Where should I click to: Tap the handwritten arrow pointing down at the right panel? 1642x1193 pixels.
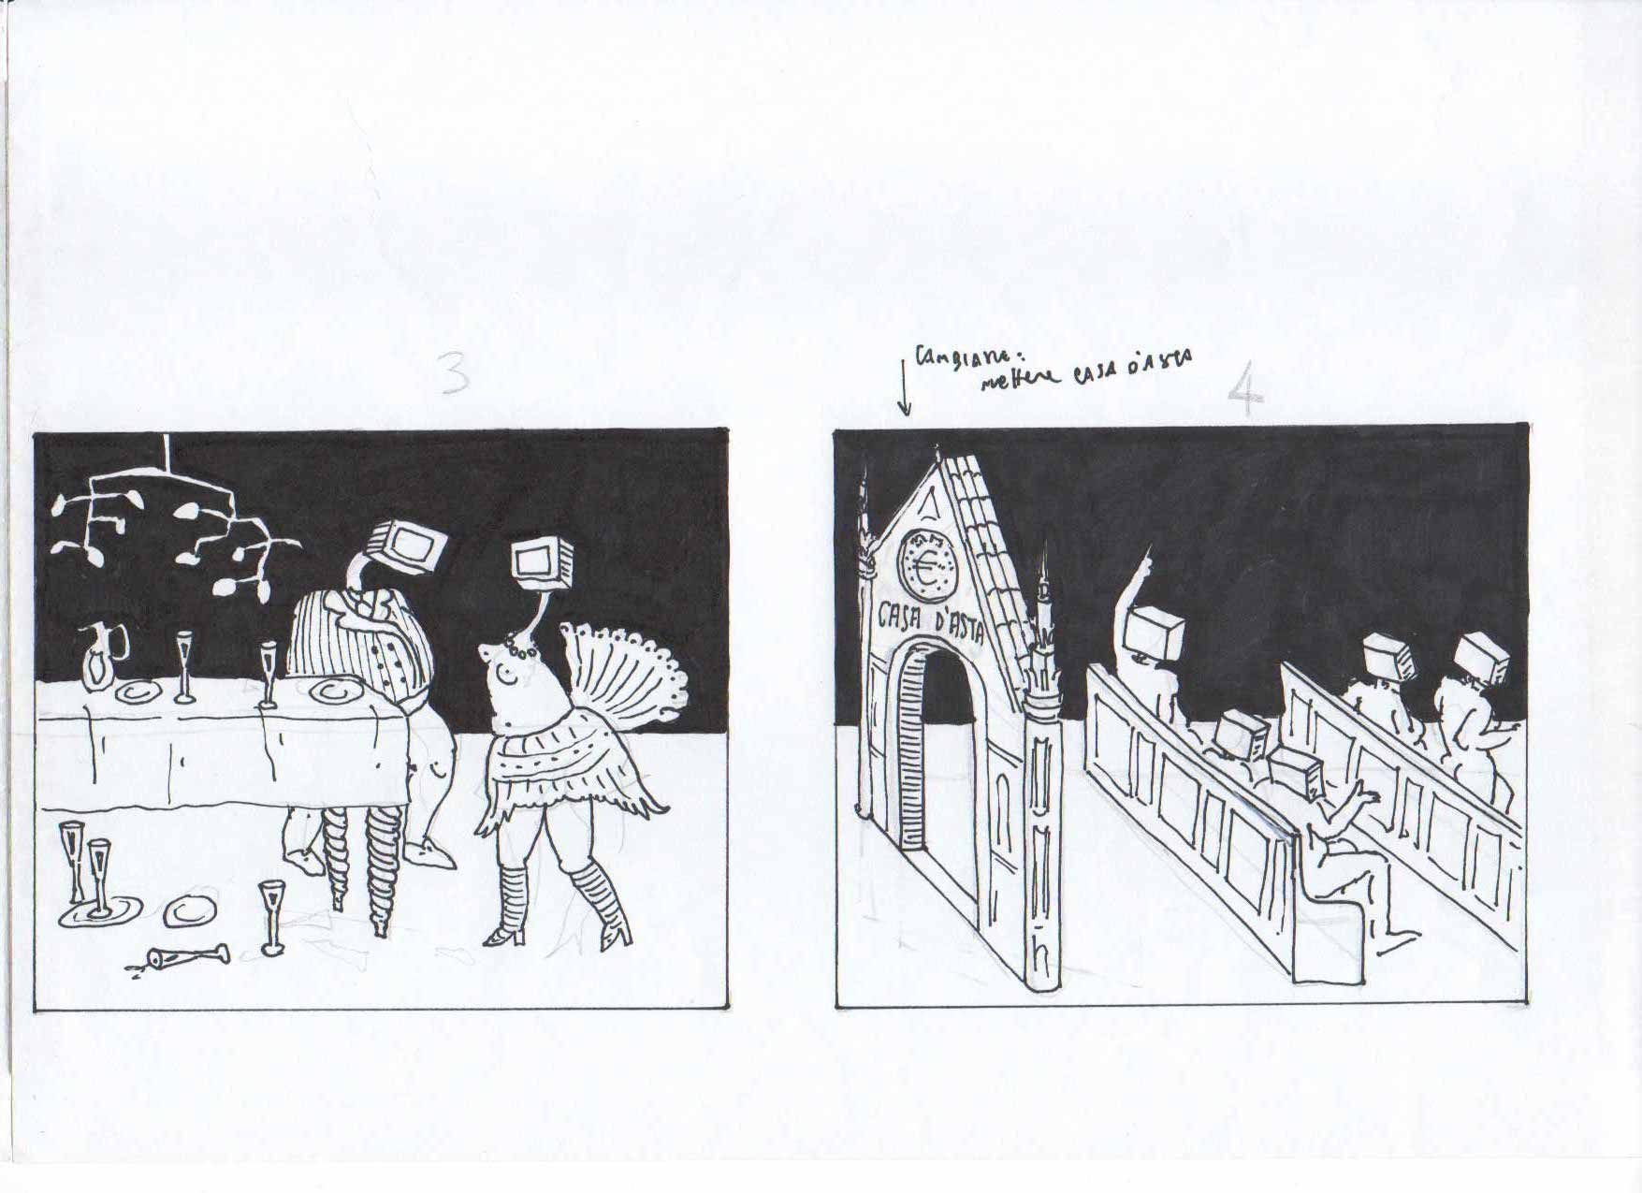coord(904,388)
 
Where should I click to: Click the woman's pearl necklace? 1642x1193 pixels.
coord(517,647)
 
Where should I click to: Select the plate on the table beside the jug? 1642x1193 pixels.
coord(136,693)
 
